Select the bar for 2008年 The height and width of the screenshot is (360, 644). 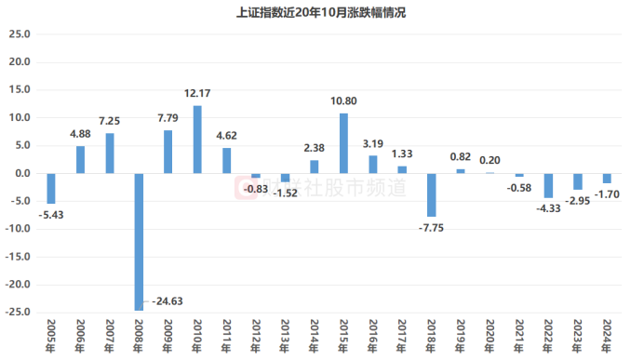click(139, 242)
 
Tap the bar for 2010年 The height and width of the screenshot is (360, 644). click(197, 140)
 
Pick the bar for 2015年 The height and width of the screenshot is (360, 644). click(343, 143)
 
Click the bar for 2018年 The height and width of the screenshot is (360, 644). click(431, 195)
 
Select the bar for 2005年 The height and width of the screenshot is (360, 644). click(51, 189)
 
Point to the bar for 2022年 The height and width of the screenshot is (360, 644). click(548, 185)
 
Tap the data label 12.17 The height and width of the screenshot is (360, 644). click(197, 94)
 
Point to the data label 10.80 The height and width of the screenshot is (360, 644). click(343, 101)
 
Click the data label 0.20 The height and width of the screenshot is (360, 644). click(490, 161)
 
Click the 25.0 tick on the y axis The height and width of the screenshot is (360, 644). click(20, 34)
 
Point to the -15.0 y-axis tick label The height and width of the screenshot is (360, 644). click(17, 257)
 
